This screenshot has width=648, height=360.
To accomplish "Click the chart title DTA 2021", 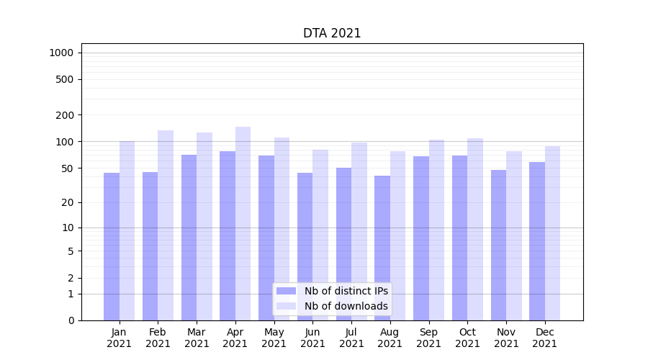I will tap(332, 33).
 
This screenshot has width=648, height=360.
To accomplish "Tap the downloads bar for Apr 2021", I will tap(243, 223).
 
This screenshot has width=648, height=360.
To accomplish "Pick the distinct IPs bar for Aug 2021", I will tap(382, 248).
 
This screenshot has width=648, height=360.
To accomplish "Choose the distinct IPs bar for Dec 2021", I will tap(537, 241).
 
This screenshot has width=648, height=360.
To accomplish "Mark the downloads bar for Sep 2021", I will tap(436, 230).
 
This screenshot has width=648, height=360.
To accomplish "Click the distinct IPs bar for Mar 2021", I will tap(189, 238).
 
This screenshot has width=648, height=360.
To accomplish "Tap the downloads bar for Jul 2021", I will tap(359, 231).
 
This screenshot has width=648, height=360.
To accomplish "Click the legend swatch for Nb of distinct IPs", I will tap(286, 291).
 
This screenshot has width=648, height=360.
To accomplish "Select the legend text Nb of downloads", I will tap(346, 306).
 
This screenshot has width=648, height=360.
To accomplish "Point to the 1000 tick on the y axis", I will tap(61, 53).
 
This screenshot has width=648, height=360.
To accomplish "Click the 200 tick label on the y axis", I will tap(66, 115).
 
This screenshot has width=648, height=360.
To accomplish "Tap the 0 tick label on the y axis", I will tap(71, 320).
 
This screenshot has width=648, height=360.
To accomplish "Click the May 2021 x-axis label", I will tap(274, 338).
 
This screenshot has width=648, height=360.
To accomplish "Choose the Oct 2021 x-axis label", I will tap(467, 338).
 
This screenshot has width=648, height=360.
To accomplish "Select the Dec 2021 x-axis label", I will tap(545, 338).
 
